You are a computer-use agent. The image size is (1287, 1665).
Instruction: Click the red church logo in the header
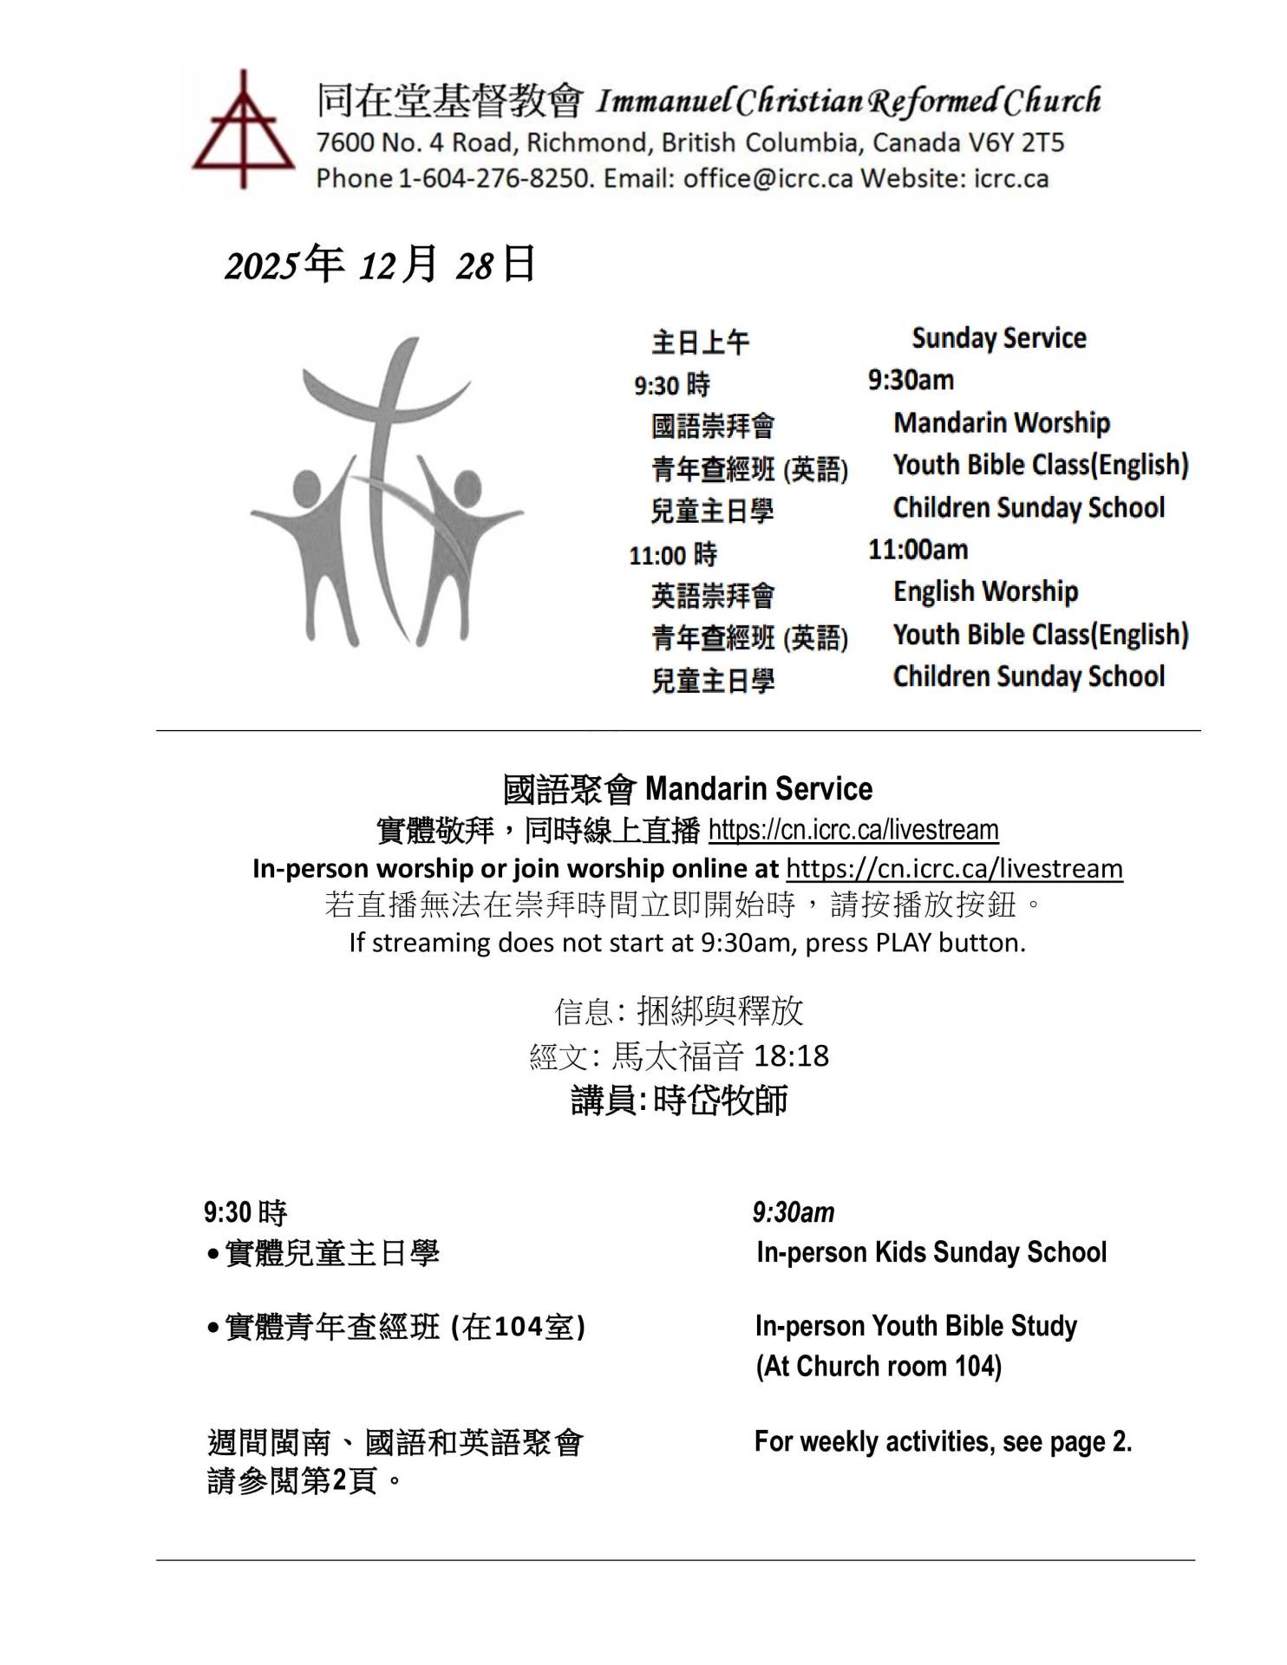(x=244, y=130)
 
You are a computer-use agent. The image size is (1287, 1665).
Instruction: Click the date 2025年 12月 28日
(x=380, y=264)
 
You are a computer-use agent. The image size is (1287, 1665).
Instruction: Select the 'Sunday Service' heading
(x=998, y=338)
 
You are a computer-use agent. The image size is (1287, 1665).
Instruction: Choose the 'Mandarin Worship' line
(x=1001, y=423)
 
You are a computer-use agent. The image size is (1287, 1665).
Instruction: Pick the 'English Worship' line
(x=985, y=592)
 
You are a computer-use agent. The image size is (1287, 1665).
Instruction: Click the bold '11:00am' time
(x=918, y=550)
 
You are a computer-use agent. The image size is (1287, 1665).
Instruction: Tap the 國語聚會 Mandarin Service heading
(x=688, y=789)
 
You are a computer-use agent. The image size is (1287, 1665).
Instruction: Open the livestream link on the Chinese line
(x=853, y=830)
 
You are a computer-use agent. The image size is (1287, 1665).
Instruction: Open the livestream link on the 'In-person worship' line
(x=954, y=868)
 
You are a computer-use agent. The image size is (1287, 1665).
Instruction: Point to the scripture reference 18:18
(x=791, y=1056)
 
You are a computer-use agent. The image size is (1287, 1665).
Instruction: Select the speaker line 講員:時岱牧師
(x=679, y=1100)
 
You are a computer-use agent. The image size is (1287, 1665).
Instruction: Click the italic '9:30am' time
(x=793, y=1212)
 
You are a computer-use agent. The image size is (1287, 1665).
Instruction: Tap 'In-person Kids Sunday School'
(x=931, y=1252)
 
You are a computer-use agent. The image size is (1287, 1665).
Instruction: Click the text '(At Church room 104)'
(x=879, y=1367)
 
